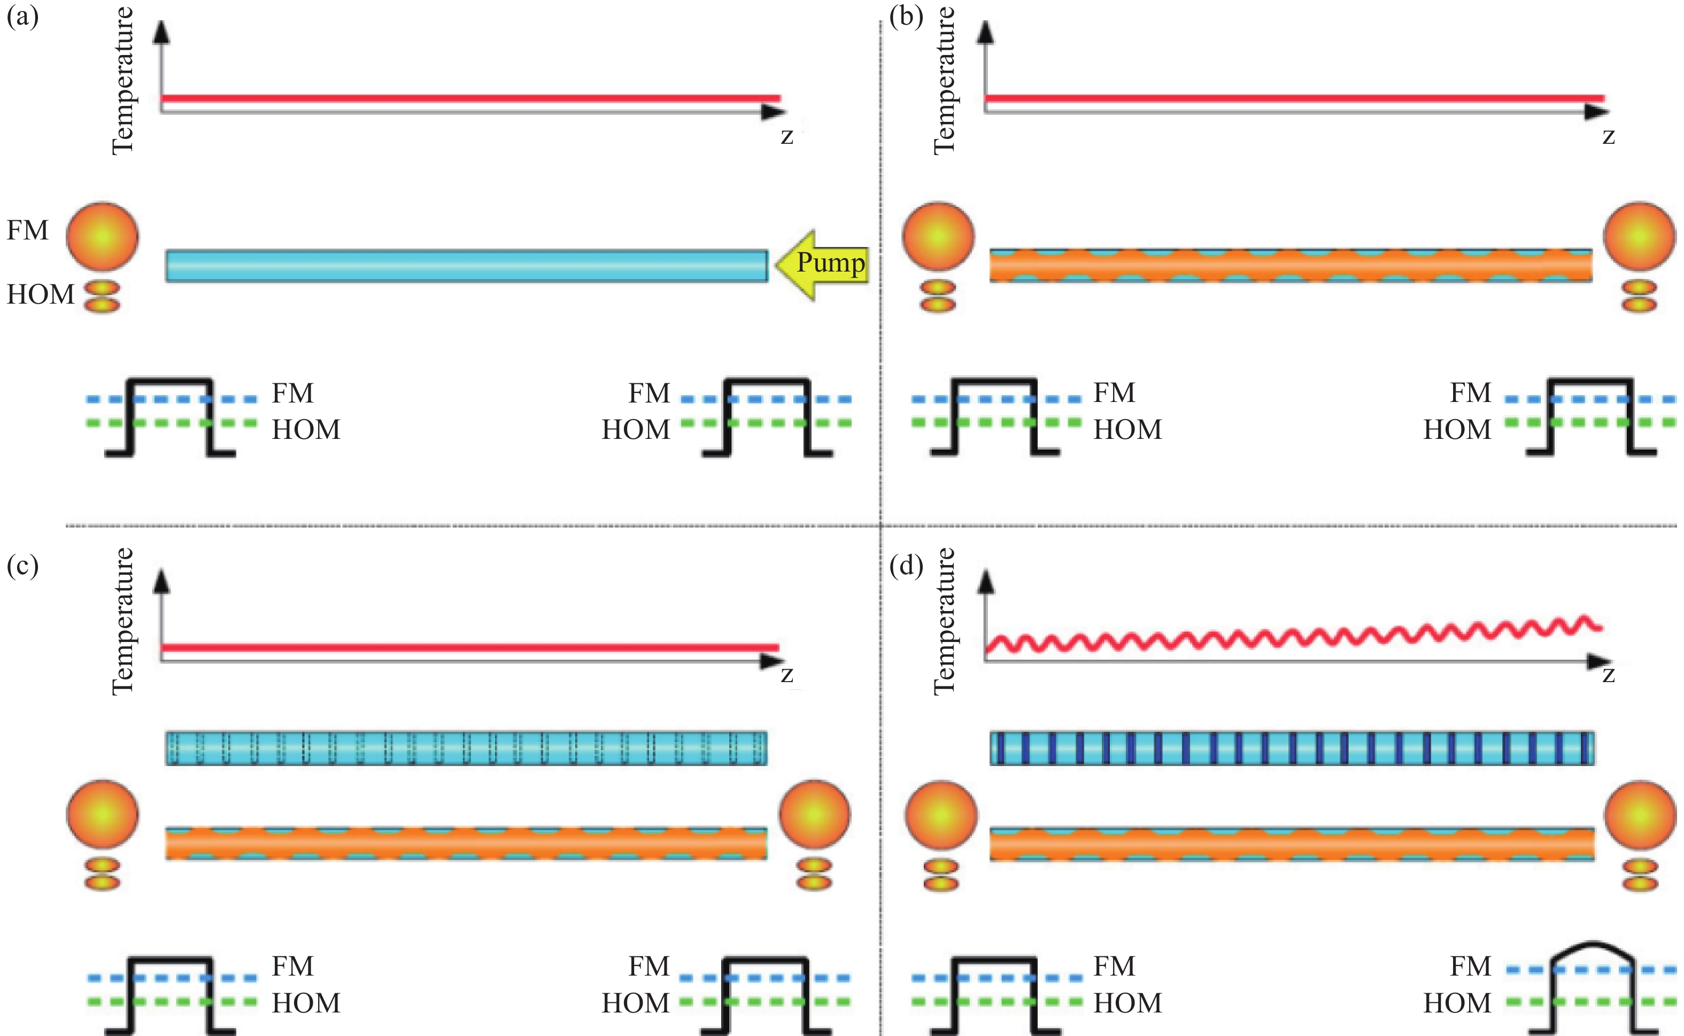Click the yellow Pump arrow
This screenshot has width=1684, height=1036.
point(822,265)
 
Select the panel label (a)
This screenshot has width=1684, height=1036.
point(22,17)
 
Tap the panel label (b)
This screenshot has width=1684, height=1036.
point(906,17)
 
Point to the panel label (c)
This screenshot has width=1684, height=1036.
point(22,566)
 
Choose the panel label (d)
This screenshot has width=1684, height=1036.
point(906,566)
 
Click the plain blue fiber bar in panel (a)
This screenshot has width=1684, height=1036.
point(467,266)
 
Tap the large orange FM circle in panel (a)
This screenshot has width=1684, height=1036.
point(103,236)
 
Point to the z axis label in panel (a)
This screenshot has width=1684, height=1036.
point(786,136)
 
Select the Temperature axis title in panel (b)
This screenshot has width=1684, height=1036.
point(945,81)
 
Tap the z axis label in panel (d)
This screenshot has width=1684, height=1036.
point(1609,675)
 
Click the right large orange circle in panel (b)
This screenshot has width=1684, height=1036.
point(1640,236)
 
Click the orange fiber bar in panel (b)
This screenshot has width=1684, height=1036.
point(1291,266)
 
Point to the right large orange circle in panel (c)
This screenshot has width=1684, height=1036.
point(815,815)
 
